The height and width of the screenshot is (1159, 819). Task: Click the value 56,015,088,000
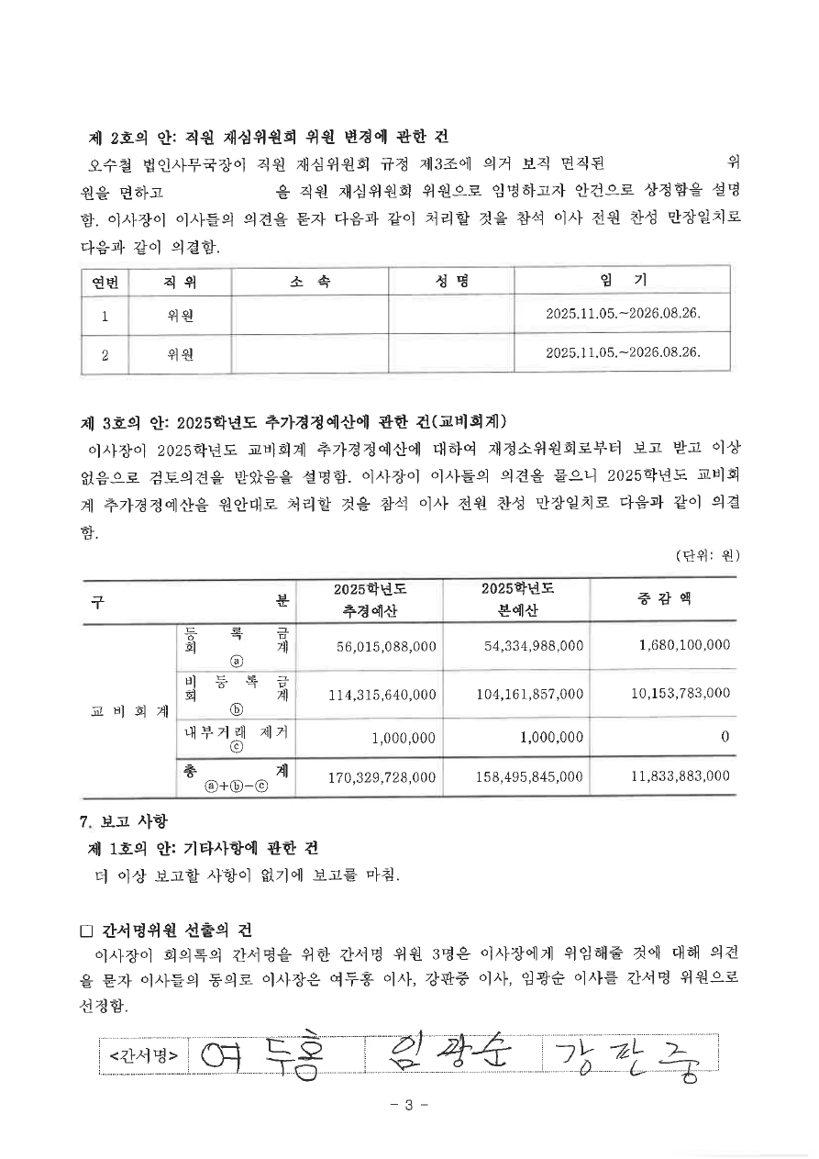[386, 646]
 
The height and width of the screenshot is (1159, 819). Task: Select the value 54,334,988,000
[534, 646]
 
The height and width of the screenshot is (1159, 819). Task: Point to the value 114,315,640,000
[382, 694]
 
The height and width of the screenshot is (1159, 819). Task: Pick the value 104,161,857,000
[530, 694]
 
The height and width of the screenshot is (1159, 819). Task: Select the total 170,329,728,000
[382, 777]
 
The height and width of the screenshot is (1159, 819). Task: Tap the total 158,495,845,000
[530, 777]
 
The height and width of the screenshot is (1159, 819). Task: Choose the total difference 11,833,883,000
[681, 776]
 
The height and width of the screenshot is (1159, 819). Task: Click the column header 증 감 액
[664, 598]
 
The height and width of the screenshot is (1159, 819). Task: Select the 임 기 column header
[622, 280]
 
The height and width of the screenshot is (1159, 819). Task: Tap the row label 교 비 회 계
[129, 711]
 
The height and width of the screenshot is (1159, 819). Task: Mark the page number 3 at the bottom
[409, 1105]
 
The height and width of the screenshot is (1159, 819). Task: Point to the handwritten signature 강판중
[627, 1059]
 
